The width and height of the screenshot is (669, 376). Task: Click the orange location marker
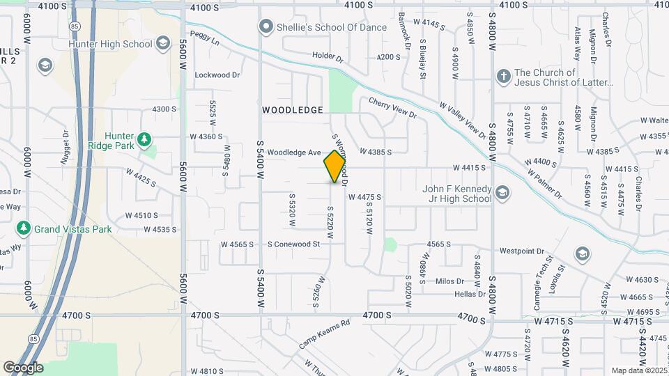[335, 166]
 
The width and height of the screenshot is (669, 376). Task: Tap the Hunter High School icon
[162, 44]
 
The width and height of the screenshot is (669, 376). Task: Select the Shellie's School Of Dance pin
[265, 27]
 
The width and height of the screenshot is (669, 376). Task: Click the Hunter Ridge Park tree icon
[144, 140]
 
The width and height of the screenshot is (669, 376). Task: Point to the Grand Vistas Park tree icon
[24, 228]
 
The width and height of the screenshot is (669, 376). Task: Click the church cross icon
[503, 76]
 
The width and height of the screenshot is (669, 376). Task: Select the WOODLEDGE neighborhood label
[293, 110]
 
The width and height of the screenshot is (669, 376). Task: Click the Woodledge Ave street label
[293, 152]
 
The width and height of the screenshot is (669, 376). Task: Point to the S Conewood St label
[293, 244]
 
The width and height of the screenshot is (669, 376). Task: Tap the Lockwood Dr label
[217, 75]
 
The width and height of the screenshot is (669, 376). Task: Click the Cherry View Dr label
[392, 107]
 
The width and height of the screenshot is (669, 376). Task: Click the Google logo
[23, 367]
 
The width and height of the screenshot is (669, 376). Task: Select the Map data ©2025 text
[638, 370]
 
